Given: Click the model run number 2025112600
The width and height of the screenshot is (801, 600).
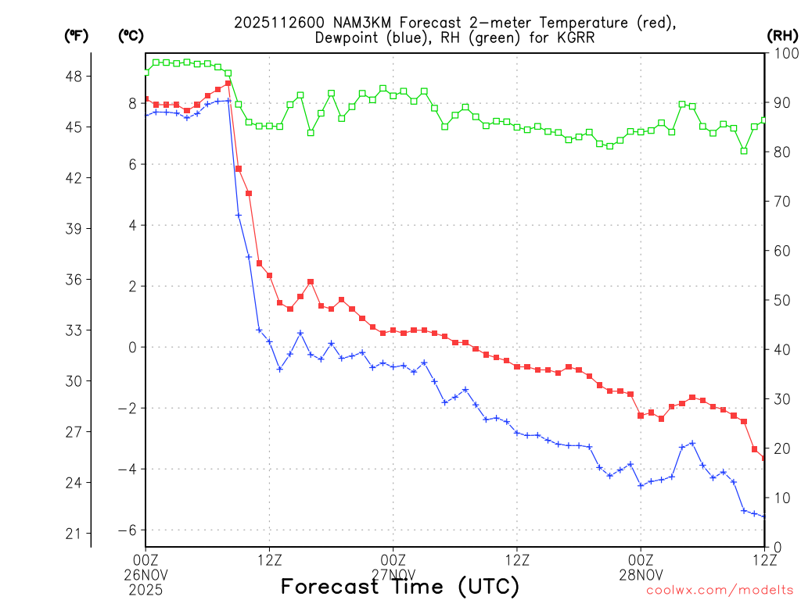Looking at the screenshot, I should point(275,23).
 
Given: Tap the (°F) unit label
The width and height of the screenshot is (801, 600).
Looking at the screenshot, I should point(77,35).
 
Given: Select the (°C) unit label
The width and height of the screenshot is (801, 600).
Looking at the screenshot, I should point(131,35).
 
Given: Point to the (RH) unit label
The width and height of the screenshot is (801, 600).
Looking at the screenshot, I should point(781,35).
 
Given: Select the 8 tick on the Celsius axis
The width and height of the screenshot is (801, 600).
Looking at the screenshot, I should point(133,102).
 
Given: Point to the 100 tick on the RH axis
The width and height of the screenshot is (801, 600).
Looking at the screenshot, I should point(782,53).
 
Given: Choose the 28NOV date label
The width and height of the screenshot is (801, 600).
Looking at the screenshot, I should point(641,573).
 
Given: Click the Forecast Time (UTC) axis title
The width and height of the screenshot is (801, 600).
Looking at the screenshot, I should point(400,586).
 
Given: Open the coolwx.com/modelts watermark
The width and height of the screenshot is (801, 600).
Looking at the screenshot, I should point(720,590).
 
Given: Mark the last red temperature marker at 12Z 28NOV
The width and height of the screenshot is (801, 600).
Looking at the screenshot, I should point(764,458).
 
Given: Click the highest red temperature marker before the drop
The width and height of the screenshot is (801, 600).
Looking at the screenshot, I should point(228,83).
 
